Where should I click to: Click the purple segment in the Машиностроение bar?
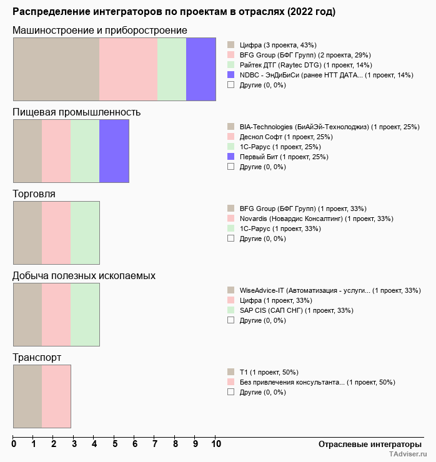[201, 69]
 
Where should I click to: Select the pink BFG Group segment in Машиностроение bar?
[128, 69]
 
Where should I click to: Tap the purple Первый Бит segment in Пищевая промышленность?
[114, 150]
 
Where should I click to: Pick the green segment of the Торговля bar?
[85, 232]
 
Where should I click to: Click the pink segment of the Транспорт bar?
[56, 396]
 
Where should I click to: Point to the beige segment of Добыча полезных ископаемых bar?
[27, 314]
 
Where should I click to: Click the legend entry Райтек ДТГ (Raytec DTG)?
[305, 65]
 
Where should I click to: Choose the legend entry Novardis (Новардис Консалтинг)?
[316, 219]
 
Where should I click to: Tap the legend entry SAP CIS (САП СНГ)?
[296, 310]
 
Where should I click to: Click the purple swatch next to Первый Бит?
[230, 157]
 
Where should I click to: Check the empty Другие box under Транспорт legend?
[230, 392]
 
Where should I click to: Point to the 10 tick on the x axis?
[216, 444]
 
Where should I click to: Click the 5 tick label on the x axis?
[114, 444]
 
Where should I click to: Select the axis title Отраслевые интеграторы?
[366, 444]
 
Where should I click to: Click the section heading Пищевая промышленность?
[77, 112]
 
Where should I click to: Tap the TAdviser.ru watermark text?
[408, 455]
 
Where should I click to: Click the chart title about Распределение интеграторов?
[174, 12]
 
